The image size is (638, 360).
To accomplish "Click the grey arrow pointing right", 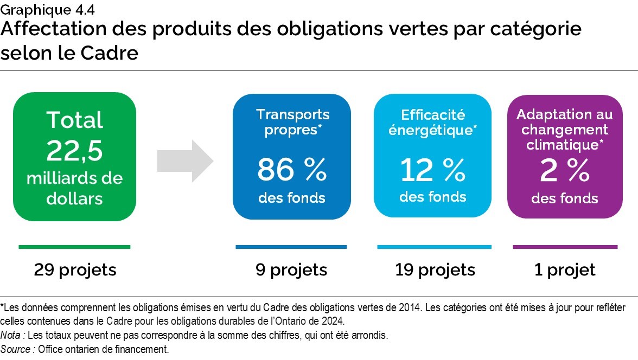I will tap(184, 159).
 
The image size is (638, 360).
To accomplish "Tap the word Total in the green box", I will tap(74, 120).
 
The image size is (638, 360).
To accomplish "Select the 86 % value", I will tap(292, 170).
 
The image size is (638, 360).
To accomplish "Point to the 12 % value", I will tap(432, 170).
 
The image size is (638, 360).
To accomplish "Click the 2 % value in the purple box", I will tap(564, 171).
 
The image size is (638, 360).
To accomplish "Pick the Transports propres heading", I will tap(292, 123).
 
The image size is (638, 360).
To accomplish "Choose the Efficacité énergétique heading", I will tap(432, 123).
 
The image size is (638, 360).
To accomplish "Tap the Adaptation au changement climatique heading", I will tap(564, 130).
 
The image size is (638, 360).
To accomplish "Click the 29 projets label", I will tap(75, 269).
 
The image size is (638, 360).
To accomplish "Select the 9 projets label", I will tap(291, 269).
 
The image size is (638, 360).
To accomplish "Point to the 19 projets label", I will tap(435, 269).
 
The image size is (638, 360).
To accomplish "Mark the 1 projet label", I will tap(565, 269).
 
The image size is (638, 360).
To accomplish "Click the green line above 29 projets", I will tap(74, 247).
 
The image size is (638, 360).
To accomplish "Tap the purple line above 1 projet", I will tap(565, 247).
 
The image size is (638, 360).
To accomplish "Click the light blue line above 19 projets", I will tap(434, 247).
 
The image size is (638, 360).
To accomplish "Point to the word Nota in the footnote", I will tap(11, 335).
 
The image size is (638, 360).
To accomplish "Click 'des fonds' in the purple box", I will tap(564, 198).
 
